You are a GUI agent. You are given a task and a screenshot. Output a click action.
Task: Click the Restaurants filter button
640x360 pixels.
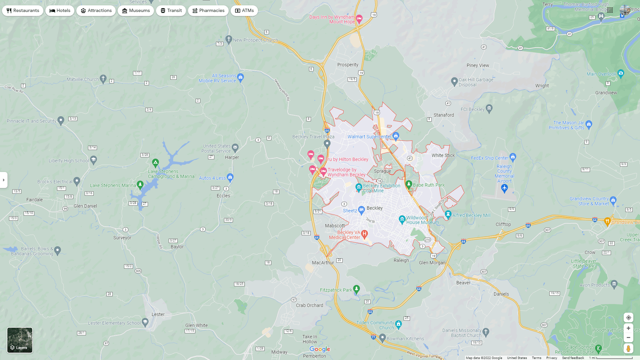tap(23, 11)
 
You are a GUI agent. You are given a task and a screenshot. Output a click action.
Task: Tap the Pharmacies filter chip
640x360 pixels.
tap(208, 11)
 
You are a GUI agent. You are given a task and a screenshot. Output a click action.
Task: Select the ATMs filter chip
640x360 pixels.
tap(244, 11)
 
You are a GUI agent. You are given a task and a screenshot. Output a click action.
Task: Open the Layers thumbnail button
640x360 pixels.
tap(20, 340)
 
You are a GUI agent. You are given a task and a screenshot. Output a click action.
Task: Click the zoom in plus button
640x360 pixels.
tap(628, 328)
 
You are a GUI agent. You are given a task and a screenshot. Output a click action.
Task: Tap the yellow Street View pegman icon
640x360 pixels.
tap(628, 349)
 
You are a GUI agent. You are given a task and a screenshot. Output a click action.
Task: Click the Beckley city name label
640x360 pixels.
tap(375, 208)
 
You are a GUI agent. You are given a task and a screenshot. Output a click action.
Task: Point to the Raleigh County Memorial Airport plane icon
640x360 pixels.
tap(504, 189)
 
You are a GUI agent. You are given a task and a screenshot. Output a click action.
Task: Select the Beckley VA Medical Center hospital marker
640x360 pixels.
tap(364, 234)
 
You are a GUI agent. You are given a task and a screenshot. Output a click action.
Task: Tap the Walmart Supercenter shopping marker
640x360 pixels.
tap(396, 136)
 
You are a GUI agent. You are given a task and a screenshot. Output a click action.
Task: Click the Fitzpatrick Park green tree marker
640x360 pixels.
tap(356, 289)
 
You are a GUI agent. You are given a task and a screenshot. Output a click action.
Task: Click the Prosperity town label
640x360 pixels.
tap(348, 65)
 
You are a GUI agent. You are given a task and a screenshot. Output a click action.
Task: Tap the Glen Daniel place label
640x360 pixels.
tap(85, 206)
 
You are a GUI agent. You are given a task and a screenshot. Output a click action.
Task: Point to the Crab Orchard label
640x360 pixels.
tap(309, 305)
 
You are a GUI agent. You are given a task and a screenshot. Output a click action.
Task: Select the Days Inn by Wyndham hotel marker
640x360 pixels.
tap(359, 18)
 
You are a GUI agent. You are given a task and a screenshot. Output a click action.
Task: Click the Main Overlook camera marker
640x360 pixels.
tap(620, 73)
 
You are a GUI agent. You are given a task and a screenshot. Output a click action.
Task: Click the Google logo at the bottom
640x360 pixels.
tap(320, 349)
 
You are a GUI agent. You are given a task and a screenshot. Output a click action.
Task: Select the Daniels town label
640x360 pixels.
tap(501, 294)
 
